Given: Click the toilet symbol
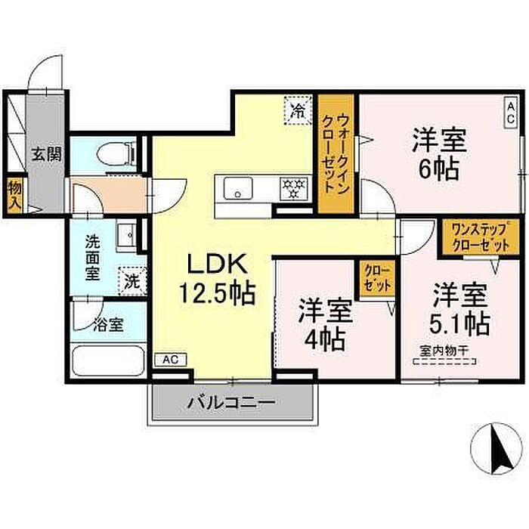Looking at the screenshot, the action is (x=116, y=154).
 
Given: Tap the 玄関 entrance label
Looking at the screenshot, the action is (x=47, y=154).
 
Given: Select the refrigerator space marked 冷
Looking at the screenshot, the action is (x=298, y=110).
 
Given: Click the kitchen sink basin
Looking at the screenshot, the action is (x=238, y=188).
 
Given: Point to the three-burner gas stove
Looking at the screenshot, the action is (x=293, y=189).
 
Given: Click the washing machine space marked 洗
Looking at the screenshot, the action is (x=132, y=281).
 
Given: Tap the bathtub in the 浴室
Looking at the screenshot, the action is (x=109, y=361).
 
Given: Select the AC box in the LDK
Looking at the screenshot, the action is (x=171, y=360).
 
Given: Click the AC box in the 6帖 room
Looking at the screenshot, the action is (x=510, y=113).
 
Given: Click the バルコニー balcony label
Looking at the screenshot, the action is (x=231, y=403).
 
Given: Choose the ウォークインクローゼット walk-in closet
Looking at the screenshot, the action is (x=336, y=154).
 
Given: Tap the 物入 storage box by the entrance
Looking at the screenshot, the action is (x=15, y=196).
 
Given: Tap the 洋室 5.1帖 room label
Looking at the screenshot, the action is (x=460, y=310).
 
